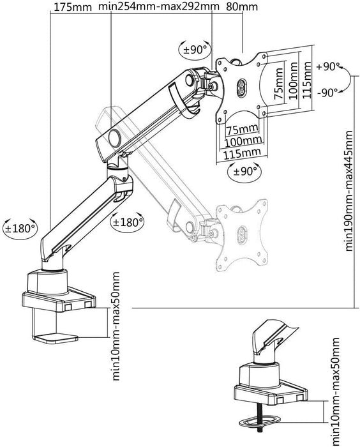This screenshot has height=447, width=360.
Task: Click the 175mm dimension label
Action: point(70,7)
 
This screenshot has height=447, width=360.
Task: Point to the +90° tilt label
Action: point(329,66)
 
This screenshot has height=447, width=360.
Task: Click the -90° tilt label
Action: point(329,91)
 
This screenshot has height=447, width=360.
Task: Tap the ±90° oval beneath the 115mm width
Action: point(243,170)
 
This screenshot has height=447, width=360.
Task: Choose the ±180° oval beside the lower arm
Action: point(127,223)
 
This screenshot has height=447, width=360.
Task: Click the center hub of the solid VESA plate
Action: point(242,87)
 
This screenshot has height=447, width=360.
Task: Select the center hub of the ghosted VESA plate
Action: point(242,235)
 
